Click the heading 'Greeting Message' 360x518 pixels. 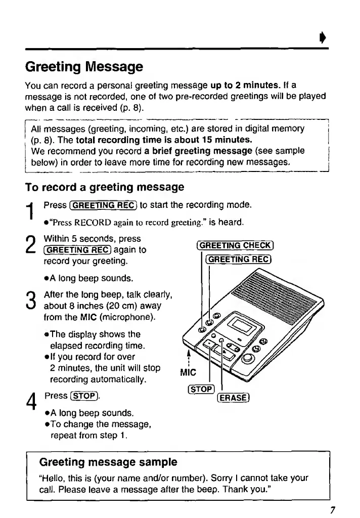coord(84,67)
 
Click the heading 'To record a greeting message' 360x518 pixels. coord(105,187)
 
